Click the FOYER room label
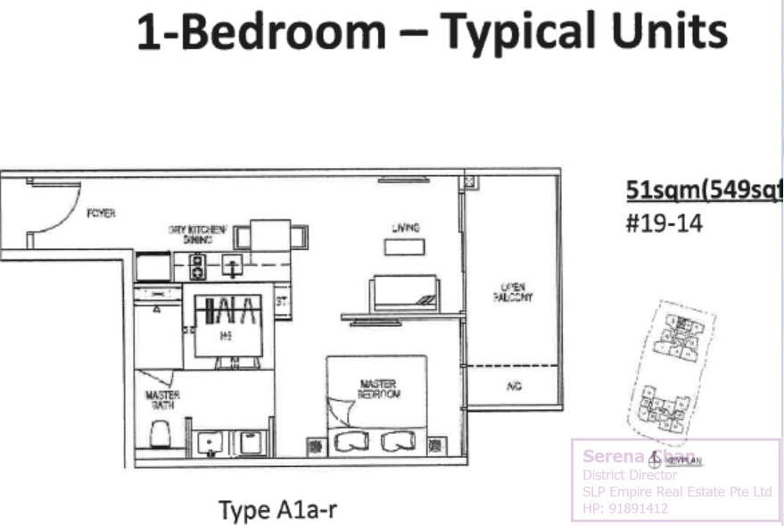[101, 213]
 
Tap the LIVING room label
[405, 229]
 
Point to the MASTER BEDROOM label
[378, 388]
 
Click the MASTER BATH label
[162, 399]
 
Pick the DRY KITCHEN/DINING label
[197, 234]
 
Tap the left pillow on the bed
[350, 441]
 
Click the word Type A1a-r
[277, 510]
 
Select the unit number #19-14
[664, 222]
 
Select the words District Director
[630, 476]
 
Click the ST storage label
[281, 301]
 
